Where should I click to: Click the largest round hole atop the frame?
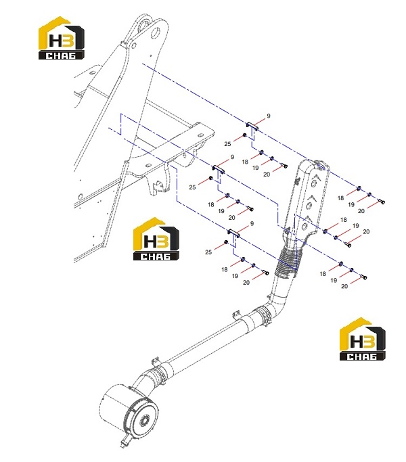click(156, 33)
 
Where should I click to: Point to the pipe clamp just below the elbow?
click(263, 316)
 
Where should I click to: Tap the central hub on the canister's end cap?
click(145, 421)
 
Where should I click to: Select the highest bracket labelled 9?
click(252, 126)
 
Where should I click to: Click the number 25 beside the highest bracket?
click(227, 144)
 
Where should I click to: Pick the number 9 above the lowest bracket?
click(252, 224)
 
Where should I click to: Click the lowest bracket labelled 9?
click(233, 233)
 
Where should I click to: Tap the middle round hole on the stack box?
click(310, 205)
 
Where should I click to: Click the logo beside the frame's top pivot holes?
click(62, 38)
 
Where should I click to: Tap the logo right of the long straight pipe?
click(363, 339)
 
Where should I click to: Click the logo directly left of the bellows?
click(156, 239)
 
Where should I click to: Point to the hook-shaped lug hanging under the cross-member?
click(158, 184)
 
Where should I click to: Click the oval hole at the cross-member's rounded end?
click(201, 135)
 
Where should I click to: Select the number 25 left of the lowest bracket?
click(208, 252)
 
